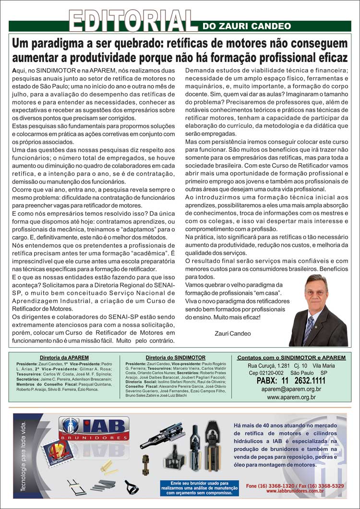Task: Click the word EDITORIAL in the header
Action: point(133,20)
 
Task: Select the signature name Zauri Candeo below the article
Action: point(233,333)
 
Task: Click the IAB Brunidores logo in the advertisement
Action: point(94,428)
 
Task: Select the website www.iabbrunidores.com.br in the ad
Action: point(295,491)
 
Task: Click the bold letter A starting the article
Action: point(14,70)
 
